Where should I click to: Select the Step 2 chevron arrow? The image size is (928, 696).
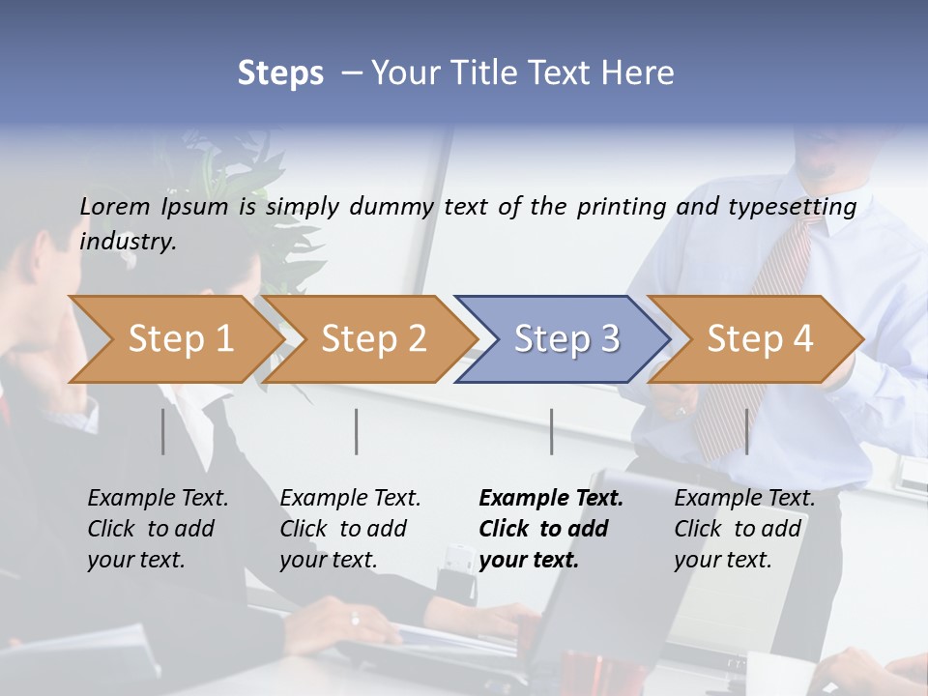(x=367, y=339)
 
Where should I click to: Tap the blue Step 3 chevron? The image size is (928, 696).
(x=561, y=339)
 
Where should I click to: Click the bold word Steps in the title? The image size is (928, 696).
(x=280, y=73)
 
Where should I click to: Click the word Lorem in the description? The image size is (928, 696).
(x=115, y=207)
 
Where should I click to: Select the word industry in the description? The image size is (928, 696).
(x=127, y=242)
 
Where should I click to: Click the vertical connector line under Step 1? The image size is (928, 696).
(x=163, y=431)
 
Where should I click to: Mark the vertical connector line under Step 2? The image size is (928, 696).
(x=357, y=431)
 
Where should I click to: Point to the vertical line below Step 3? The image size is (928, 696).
(x=552, y=431)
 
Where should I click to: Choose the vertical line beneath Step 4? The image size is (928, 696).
(x=747, y=431)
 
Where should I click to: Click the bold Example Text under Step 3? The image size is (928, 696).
(x=551, y=499)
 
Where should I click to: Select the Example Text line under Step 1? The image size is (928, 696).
(x=158, y=499)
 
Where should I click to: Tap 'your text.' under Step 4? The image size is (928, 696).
(x=722, y=560)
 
